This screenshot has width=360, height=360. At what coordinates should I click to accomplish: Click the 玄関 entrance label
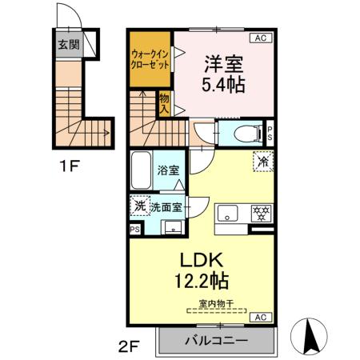coord(68,43)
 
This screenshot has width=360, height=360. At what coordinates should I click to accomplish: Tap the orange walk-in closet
coord(150,61)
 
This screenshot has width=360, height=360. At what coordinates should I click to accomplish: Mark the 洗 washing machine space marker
coord(140,206)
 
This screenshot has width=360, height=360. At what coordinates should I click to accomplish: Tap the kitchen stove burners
coord(259,214)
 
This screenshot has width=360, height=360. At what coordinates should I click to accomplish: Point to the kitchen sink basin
coord(228,214)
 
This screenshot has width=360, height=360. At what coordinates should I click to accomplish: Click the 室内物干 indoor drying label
coord(215,302)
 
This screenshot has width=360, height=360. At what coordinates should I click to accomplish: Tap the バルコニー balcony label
coord(216,339)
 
